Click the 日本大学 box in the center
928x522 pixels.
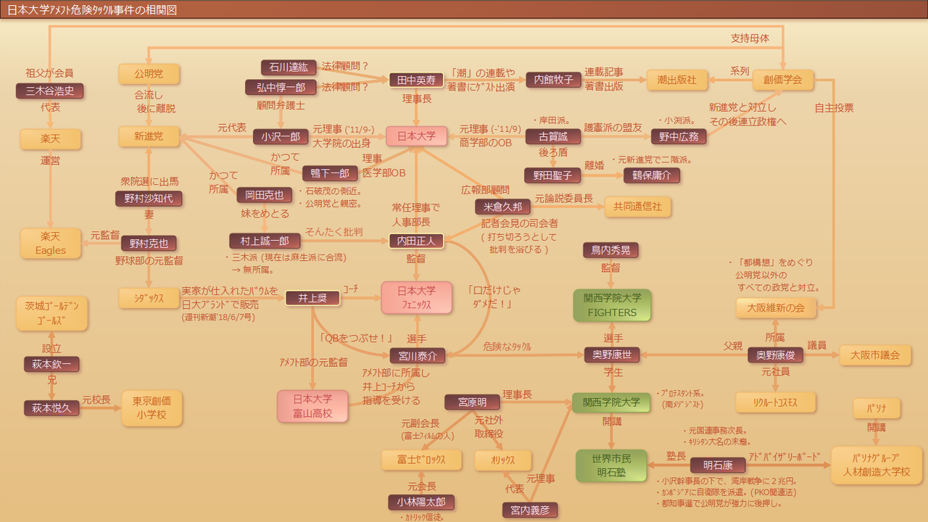(416, 136)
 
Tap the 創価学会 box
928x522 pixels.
(783, 80)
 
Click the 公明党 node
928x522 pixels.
(149, 74)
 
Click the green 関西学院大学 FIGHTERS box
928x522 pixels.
(612, 304)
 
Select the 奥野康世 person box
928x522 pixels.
(612, 355)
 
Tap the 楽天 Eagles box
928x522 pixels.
(51, 243)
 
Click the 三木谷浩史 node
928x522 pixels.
(50, 91)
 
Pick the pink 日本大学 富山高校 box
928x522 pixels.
(312, 406)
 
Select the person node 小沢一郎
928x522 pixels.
(281, 136)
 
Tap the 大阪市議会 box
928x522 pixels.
(875, 355)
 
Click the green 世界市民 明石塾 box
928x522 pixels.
(611, 465)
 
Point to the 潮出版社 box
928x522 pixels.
(676, 80)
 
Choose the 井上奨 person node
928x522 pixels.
(312, 298)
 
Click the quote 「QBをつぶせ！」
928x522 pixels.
(356, 338)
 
